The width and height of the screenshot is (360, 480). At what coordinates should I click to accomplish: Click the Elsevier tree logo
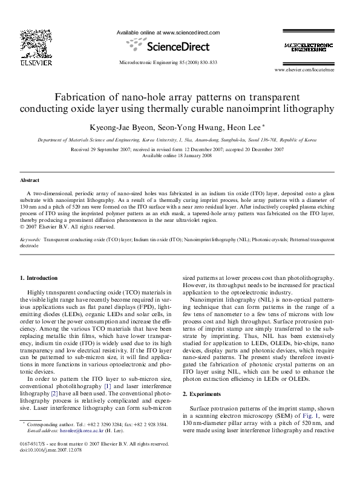(31, 42)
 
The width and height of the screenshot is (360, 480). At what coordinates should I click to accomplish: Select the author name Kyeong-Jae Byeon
(122, 128)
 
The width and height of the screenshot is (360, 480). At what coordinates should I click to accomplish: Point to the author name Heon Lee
(245, 128)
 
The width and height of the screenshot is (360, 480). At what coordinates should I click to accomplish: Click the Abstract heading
(30, 180)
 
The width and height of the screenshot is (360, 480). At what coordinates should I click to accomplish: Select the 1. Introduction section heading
(39, 277)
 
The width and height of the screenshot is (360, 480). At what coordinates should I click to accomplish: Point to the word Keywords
(30, 239)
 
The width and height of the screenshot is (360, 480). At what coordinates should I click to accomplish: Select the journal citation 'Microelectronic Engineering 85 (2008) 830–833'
(168, 62)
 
